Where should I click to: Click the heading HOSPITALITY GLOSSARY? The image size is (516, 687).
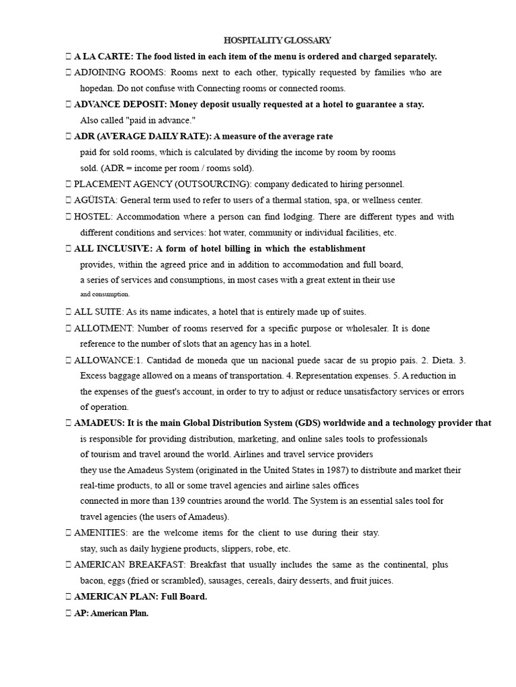coord(277,41)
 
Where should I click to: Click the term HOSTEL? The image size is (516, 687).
coord(93,217)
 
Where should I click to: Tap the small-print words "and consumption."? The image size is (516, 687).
coord(105,294)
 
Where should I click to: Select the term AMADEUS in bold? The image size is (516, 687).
coord(99,423)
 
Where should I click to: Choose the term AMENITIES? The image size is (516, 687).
coord(101,533)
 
